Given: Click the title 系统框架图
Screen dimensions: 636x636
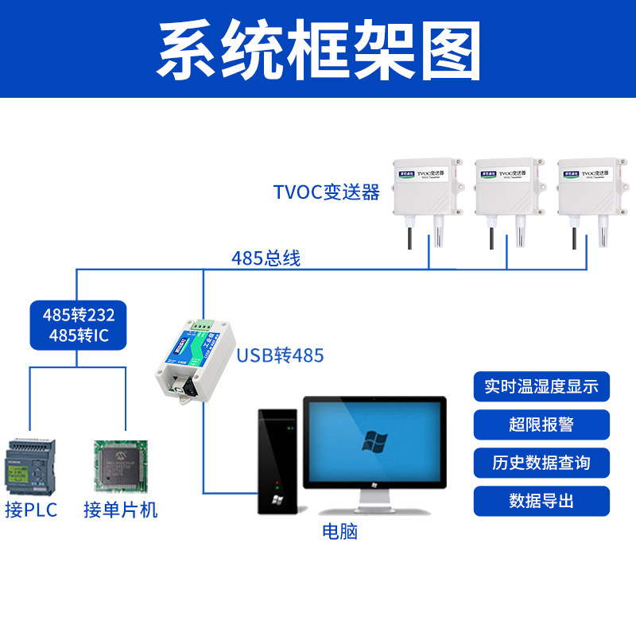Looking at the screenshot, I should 318,49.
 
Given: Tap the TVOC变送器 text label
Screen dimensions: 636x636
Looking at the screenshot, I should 326,192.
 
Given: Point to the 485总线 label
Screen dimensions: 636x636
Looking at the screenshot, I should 266,258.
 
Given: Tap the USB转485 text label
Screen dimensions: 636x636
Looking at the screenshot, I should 280,355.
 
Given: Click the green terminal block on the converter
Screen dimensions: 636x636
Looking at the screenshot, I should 203,326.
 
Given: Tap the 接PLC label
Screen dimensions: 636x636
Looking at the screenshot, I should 31,510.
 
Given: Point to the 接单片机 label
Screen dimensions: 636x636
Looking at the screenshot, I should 121,510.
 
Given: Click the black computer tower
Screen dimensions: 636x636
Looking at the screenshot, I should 278,461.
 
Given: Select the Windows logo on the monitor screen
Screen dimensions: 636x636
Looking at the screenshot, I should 374,440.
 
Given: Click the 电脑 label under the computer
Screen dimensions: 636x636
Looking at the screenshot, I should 339,531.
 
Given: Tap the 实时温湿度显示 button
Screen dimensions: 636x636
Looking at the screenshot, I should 541,387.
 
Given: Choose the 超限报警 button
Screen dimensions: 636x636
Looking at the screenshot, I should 541,425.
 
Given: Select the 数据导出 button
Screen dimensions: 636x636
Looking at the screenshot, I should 541,501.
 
